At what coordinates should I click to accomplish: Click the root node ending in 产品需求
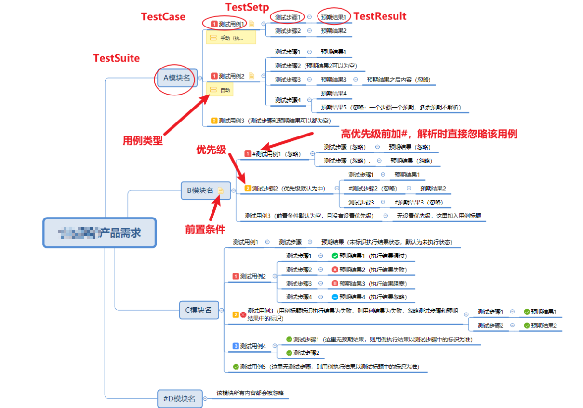[x=100, y=232]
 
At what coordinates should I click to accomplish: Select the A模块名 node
[x=177, y=77]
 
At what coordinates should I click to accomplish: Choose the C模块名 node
[x=199, y=310]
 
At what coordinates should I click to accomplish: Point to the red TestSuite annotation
[x=116, y=58]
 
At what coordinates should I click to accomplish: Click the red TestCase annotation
[x=163, y=17]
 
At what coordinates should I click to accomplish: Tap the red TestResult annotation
[x=380, y=16]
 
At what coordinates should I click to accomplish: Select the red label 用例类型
[x=143, y=141]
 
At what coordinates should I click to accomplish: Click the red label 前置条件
[x=205, y=230]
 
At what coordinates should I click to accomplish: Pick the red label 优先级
[x=211, y=150]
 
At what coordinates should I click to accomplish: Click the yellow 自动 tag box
[x=220, y=90]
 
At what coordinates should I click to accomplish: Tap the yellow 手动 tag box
[x=231, y=38]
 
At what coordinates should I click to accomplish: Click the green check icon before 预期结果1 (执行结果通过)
[x=335, y=256]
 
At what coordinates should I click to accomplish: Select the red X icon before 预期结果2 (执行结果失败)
[x=335, y=270]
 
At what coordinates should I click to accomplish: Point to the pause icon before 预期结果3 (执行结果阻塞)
[x=335, y=283]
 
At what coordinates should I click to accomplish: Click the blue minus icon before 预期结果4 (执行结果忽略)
[x=335, y=297]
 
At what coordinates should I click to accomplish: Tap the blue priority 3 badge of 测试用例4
[x=236, y=346]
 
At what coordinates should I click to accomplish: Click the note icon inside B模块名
[x=220, y=190]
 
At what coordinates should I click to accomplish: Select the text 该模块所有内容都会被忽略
[x=250, y=393]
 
